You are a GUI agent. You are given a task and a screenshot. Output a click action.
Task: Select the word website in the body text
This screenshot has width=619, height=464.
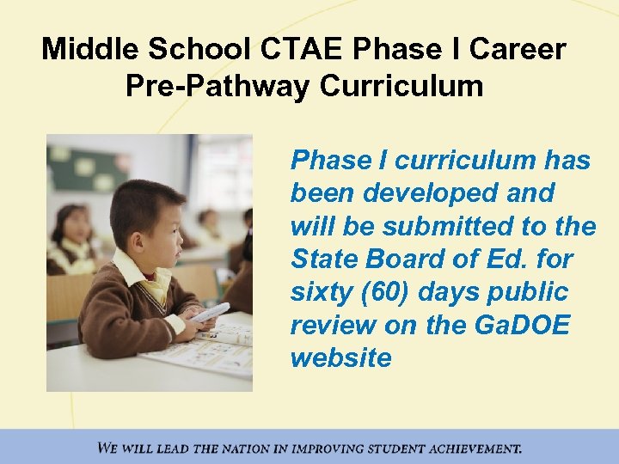340,357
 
